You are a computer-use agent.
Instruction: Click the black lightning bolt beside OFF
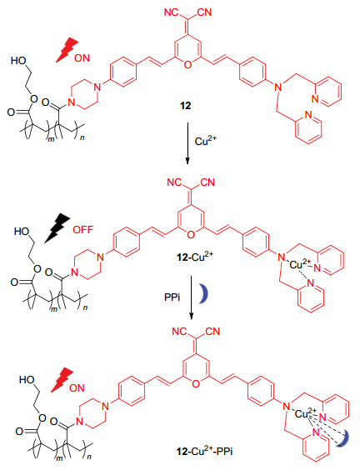[x=57, y=227]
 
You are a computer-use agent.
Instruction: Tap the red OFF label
[x=83, y=230]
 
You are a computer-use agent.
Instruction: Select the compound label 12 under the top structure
[x=185, y=106]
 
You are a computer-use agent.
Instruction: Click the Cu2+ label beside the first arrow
[x=205, y=141]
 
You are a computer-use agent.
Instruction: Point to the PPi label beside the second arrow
[x=172, y=297]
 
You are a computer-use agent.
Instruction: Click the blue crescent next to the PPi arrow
[x=205, y=293]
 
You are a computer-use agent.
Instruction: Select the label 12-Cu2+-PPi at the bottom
[x=204, y=451]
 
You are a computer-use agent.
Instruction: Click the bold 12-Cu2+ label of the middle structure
[x=195, y=257]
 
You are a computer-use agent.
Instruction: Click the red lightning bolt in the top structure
[x=67, y=50]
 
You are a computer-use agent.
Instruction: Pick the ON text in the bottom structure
[x=77, y=387]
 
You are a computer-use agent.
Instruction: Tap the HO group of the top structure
[x=18, y=61]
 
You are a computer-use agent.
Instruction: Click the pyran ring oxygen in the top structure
[x=187, y=64]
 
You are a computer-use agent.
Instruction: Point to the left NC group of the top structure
[x=172, y=12]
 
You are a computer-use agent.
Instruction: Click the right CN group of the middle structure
[x=207, y=182]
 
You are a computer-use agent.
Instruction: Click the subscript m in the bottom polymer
[x=60, y=457]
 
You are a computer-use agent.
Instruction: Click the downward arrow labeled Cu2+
[x=187, y=143]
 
